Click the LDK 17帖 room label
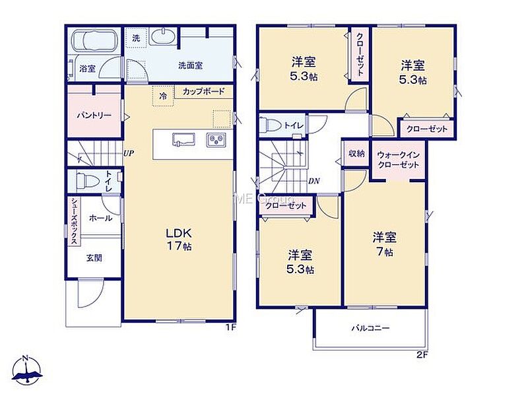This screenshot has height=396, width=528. pyautogui.click(x=179, y=239)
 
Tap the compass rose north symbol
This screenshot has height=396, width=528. pyautogui.click(x=27, y=370)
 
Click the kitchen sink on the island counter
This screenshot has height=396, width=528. pyautogui.click(x=184, y=139)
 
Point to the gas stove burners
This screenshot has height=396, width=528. pyautogui.click(x=216, y=140)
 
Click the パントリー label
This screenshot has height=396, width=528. pyautogui.click(x=94, y=115)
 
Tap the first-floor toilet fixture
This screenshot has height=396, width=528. pyautogui.click(x=86, y=181)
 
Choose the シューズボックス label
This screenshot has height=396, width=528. pyautogui.click(x=74, y=222)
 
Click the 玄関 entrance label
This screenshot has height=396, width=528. pyautogui.click(x=94, y=258)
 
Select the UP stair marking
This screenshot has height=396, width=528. pyautogui.click(x=128, y=154)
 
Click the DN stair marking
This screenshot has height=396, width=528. pyautogui.click(x=314, y=181)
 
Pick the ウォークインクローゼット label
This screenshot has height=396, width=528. pyautogui.click(x=399, y=160)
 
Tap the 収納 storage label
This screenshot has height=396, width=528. pyautogui.click(x=356, y=154)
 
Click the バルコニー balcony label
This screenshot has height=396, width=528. pyautogui.click(x=370, y=327)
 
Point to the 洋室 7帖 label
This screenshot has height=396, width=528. pyautogui.click(x=384, y=244)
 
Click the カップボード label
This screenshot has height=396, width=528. pyautogui.click(x=203, y=91)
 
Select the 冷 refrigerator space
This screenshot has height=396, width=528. pyautogui.click(x=163, y=96)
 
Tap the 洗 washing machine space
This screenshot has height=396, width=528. pyautogui.click(x=136, y=38)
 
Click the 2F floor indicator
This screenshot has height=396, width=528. pyautogui.click(x=422, y=354)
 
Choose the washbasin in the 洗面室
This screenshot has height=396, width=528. pyautogui.click(x=162, y=37)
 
